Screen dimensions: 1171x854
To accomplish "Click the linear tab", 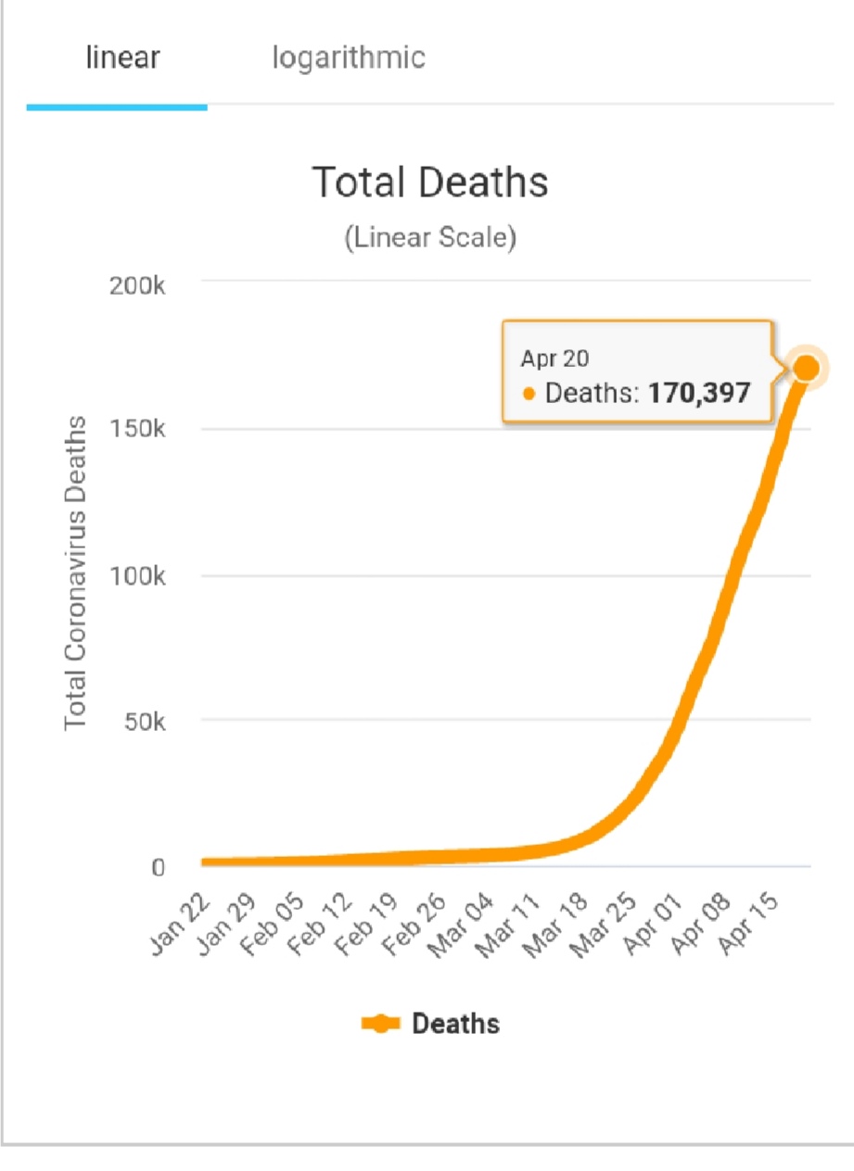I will [122, 58].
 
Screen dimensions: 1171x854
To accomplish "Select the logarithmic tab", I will [349, 58].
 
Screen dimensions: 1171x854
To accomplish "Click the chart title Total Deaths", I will [430, 183].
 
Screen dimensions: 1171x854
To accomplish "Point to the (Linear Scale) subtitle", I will [430, 238].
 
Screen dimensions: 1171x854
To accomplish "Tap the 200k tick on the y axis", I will [137, 285].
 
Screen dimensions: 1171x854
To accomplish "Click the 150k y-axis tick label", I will [137, 430].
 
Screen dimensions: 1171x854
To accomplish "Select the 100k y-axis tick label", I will [137, 576].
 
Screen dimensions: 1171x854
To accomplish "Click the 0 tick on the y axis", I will [158, 868].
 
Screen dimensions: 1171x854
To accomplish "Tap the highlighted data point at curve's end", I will [806, 369].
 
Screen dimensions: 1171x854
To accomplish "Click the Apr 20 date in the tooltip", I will [554, 359].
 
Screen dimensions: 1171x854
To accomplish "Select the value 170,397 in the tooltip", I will [698, 393].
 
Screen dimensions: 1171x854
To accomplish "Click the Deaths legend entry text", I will [455, 1024].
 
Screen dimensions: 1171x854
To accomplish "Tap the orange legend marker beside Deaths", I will [380, 1024].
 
